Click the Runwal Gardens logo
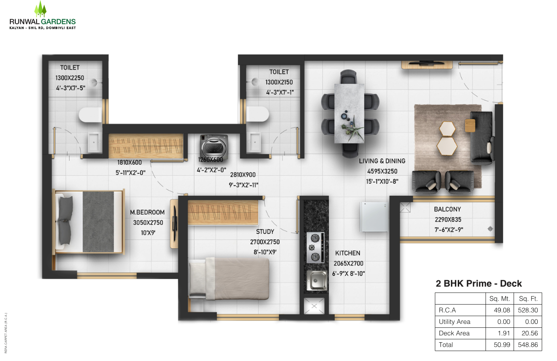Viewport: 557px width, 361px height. [42, 16]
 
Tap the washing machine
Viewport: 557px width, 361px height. [213, 145]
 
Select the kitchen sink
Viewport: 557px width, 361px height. [317, 280]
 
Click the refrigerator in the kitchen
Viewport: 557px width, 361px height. [374, 217]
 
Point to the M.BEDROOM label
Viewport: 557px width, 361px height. [147, 212]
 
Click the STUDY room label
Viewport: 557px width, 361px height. [265, 231]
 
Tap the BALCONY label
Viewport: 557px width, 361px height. [447, 210]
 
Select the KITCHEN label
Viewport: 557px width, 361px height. [348, 253]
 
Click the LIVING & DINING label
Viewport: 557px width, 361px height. [382, 161]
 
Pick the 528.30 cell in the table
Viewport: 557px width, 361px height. [528, 310]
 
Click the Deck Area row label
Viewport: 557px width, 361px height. [454, 333]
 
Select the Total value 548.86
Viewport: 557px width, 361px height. [528, 345]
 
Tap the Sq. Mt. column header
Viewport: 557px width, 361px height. [499, 299]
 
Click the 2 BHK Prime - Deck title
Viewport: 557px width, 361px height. [478, 283]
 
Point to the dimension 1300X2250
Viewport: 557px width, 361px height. [70, 78]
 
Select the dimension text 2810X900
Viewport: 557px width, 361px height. [243, 175]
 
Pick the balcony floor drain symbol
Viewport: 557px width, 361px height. [490, 228]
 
